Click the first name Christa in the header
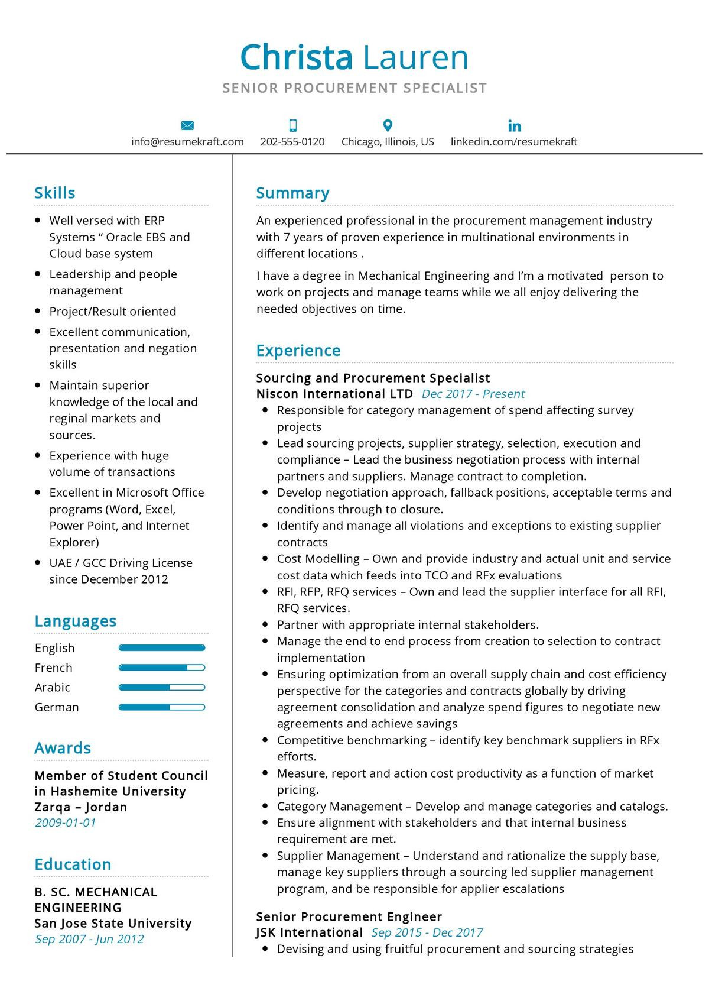pyautogui.click(x=296, y=57)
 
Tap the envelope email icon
pyautogui.click(x=187, y=125)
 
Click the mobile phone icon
pyautogui.click(x=292, y=125)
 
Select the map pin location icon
pyautogui.click(x=388, y=125)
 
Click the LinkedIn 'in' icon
pyautogui.click(x=514, y=125)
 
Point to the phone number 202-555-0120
pyautogui.click(x=292, y=142)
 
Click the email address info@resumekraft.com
pyautogui.click(x=187, y=142)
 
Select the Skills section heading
pyautogui.click(x=54, y=193)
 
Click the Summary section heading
pyautogui.click(x=292, y=193)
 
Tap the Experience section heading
pyautogui.click(x=298, y=351)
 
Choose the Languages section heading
pyautogui.click(x=75, y=621)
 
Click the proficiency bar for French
pyautogui.click(x=161, y=668)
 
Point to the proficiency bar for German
pyautogui.click(x=161, y=707)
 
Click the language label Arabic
pyautogui.click(x=52, y=687)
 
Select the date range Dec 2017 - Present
pyautogui.click(x=473, y=394)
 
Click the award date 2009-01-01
pyautogui.click(x=65, y=822)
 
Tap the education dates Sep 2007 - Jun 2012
pyautogui.click(x=89, y=939)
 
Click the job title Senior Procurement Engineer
pyautogui.click(x=349, y=916)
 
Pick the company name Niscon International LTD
pyautogui.click(x=334, y=394)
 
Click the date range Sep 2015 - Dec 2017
pyautogui.click(x=427, y=932)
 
